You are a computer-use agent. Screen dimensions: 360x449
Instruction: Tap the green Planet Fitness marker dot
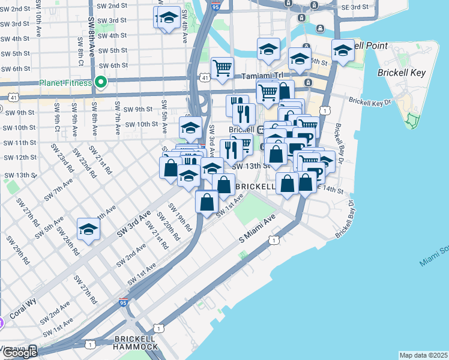pyautogui.click(x=100, y=82)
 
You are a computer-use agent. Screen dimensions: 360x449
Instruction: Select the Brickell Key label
pyautogui.click(x=401, y=73)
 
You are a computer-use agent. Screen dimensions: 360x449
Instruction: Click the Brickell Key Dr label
pyautogui.click(x=369, y=103)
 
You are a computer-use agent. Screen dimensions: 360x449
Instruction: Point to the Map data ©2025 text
pyautogui.click(x=423, y=355)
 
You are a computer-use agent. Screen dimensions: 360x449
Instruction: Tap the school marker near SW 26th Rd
pyautogui.click(x=88, y=230)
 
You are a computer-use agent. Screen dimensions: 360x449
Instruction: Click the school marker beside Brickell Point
pyautogui.click(x=343, y=50)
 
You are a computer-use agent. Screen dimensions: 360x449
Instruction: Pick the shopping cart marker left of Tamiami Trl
pyautogui.click(x=222, y=68)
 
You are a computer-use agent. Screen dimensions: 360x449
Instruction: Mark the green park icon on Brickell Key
pyautogui.click(x=411, y=120)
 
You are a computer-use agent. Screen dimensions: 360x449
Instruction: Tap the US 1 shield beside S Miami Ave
pyautogui.click(x=273, y=240)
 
